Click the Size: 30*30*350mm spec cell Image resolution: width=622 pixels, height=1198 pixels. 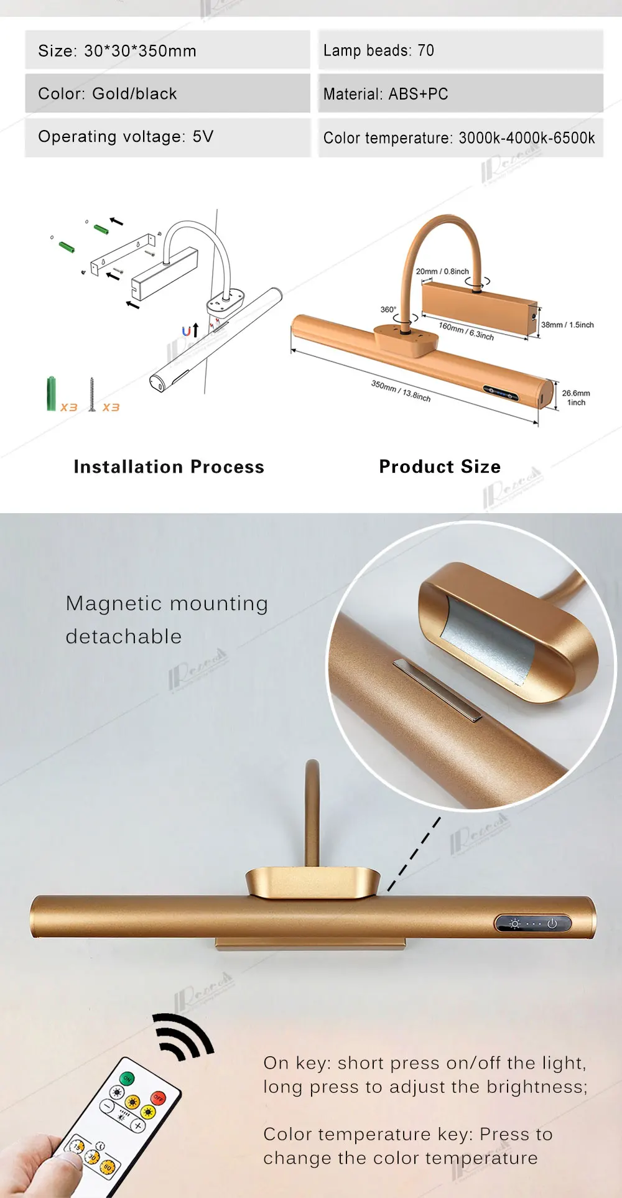[x=167, y=50]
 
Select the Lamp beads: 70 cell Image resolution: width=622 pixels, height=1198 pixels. [x=460, y=50]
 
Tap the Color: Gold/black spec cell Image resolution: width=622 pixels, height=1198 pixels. [x=167, y=94]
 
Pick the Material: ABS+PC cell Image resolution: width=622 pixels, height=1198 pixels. [x=460, y=94]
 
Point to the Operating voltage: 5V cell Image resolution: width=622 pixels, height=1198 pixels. [x=167, y=137]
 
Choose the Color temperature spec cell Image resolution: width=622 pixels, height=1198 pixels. [x=460, y=137]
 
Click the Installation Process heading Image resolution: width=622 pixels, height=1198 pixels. [x=169, y=467]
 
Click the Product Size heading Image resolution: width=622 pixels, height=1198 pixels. [x=440, y=467]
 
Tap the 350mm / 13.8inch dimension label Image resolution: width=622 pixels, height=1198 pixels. [x=401, y=391]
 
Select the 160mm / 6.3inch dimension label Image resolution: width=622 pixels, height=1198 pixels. [x=466, y=330]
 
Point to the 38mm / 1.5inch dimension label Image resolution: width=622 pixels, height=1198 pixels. [x=567, y=325]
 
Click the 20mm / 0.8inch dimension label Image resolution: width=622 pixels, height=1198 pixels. [x=442, y=271]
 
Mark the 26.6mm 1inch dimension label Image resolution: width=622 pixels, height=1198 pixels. [x=576, y=397]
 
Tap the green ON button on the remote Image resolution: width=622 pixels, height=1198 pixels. [x=127, y=1078]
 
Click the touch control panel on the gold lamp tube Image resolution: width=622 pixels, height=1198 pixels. [x=533, y=924]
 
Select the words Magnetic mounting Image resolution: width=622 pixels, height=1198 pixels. [x=167, y=603]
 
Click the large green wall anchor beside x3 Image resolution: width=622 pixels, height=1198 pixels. [x=51, y=393]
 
